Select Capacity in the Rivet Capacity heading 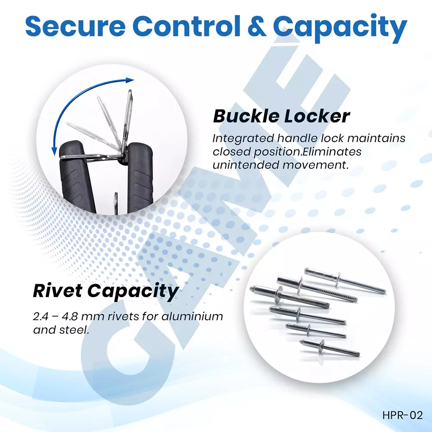(133, 292)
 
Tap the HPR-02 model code (402, 416)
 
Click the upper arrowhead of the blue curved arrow (129, 80)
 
